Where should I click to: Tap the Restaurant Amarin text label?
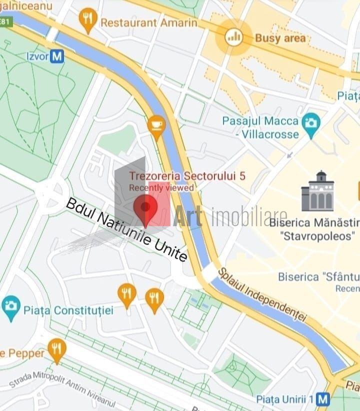click(x=148, y=23)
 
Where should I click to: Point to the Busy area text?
click(x=279, y=38)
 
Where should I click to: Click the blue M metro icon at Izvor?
click(x=58, y=56)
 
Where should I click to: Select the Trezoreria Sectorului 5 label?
click(x=187, y=176)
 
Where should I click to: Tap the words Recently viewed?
click(x=161, y=188)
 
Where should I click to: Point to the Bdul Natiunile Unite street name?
click(x=127, y=229)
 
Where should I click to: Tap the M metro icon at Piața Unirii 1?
click(x=323, y=399)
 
